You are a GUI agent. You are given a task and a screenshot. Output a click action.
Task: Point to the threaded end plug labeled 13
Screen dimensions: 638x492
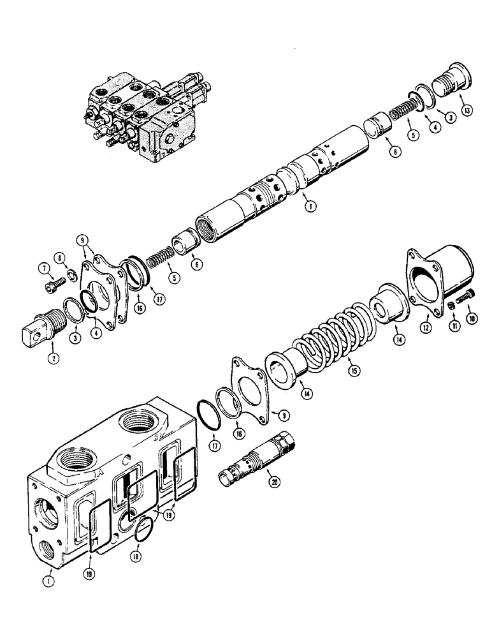[449, 84]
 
